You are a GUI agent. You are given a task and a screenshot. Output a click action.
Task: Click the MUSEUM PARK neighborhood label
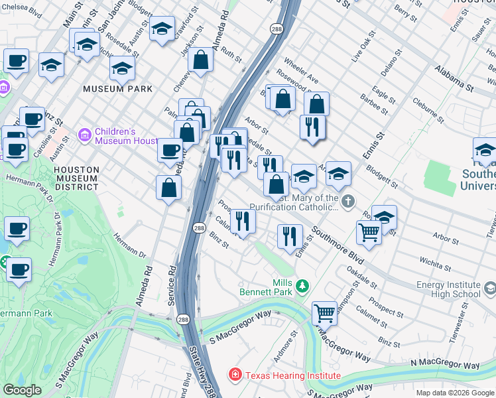117,89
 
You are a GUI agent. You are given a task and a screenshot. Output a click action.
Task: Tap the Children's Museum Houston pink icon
84,135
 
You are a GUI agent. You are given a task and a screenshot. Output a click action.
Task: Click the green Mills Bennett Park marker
302,287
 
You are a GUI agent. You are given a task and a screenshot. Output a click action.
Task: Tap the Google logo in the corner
23,390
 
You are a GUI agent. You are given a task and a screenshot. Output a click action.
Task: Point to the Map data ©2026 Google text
455,392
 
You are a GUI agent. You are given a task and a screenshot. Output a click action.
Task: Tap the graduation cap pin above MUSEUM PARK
122,67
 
